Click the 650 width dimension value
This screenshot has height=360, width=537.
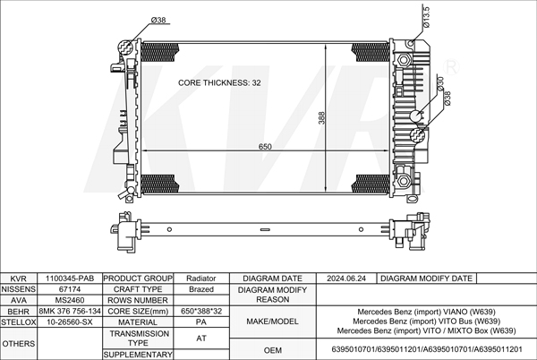coord(265,147)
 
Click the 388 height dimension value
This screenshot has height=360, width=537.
coord(321,118)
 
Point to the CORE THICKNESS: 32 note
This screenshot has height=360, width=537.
coord(219,82)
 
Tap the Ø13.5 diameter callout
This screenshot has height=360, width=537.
coord(426,16)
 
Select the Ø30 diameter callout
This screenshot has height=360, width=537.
coord(440,84)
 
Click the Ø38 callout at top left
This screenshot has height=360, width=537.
coord(158,20)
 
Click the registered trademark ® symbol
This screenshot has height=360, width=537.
coord(451,67)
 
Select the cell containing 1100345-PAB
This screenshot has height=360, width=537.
coord(70,279)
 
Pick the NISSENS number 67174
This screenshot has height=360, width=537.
coord(70,289)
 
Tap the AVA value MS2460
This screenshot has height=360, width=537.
coord(70,300)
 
